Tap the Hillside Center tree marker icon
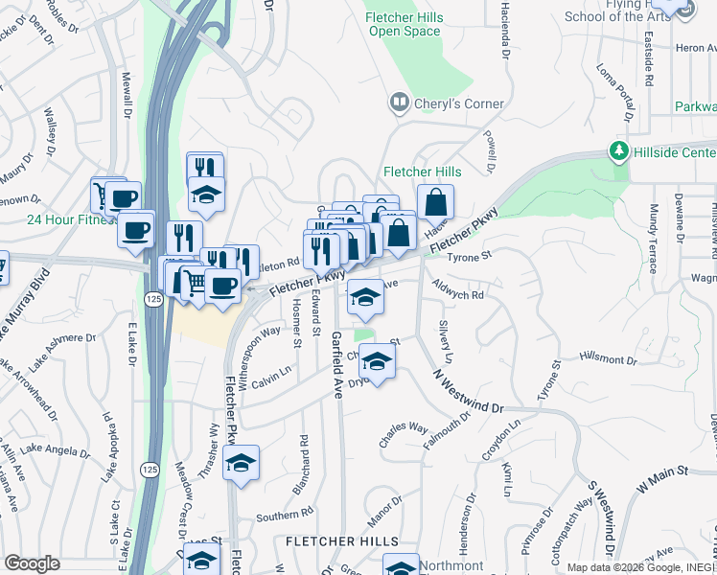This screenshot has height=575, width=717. coord(619,152)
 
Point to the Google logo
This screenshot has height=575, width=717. coord(33,563)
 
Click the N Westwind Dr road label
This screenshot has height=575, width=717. coord(468,391)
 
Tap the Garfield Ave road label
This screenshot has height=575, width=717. coord(336,364)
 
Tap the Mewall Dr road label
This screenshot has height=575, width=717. coord(126,91)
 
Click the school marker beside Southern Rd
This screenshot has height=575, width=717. coord(240,464)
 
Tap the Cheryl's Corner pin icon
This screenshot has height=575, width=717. coord(398,103)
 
